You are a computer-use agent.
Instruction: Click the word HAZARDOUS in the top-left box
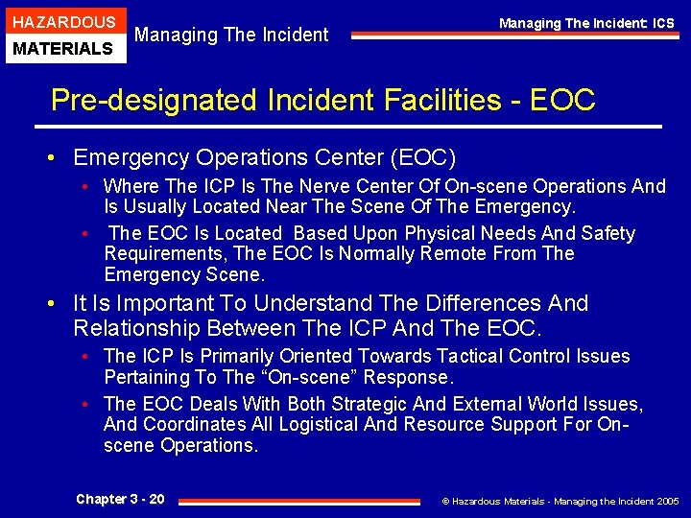63,22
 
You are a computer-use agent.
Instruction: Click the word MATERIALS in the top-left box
63,48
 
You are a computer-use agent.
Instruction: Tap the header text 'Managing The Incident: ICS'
586,23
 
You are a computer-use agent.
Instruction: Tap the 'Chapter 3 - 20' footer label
120,499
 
